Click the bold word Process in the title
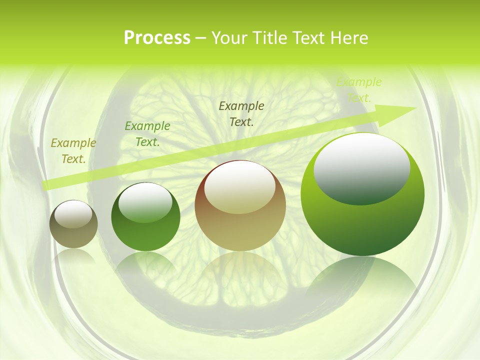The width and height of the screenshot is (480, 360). (157, 38)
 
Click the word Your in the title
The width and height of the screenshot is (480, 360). (227, 38)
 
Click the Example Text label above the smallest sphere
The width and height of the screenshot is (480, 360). (73, 151)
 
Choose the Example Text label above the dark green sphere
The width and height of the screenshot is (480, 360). (147, 134)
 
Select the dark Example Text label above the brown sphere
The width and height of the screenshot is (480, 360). (241, 113)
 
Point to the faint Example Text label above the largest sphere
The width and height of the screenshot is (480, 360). (359, 90)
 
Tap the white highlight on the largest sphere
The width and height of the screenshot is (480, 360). (362, 168)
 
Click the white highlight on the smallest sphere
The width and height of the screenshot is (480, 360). (73, 214)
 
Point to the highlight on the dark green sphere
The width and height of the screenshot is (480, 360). (145, 202)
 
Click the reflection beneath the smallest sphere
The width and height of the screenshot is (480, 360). (74, 256)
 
